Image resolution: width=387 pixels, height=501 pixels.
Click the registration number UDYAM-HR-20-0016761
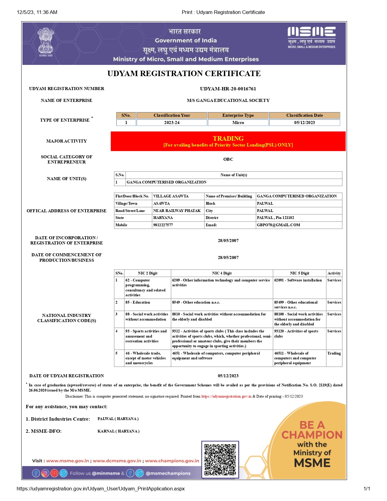[x=228, y=89]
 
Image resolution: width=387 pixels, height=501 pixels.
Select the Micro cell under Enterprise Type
[x=238, y=123]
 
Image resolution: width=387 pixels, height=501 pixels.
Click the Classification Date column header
[x=305, y=115]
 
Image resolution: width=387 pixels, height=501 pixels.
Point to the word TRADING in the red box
[x=228, y=138]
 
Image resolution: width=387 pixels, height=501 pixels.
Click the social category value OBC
[x=228, y=159]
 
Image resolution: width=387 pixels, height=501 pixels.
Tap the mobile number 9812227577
[x=163, y=225]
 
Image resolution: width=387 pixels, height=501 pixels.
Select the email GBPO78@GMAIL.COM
[x=279, y=225]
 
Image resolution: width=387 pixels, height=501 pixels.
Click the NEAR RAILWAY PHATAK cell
[x=177, y=211]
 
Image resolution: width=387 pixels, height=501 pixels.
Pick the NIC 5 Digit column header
[x=299, y=273]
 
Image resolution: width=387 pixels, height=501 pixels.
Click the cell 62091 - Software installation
[x=298, y=280]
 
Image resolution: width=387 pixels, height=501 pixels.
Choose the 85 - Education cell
[x=138, y=302]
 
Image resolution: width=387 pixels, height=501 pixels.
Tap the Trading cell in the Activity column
[x=334, y=353]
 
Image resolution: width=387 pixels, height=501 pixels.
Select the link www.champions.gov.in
[x=172, y=461]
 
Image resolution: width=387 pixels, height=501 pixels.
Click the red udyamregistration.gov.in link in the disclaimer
[x=226, y=396]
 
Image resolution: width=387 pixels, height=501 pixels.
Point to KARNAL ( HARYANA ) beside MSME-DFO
[x=118, y=431]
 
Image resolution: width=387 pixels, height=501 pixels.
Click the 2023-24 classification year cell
[x=172, y=123]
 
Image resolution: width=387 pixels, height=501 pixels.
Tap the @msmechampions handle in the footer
[x=168, y=473]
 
